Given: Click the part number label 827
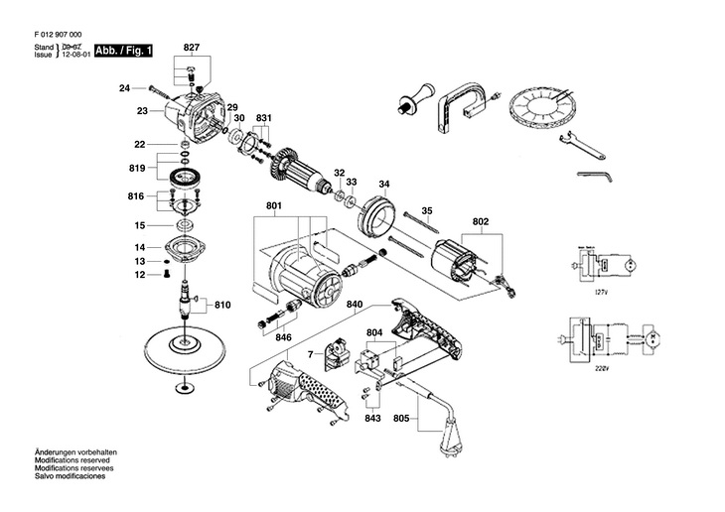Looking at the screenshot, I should [192, 48].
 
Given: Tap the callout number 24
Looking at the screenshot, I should [124, 88].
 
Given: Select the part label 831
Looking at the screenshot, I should [263, 117].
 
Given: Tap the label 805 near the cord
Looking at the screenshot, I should [400, 418].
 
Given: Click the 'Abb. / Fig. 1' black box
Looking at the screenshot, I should [124, 51].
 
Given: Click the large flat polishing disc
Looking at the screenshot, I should [182, 349].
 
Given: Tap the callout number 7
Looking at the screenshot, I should [310, 354].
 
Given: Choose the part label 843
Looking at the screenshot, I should [372, 418].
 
